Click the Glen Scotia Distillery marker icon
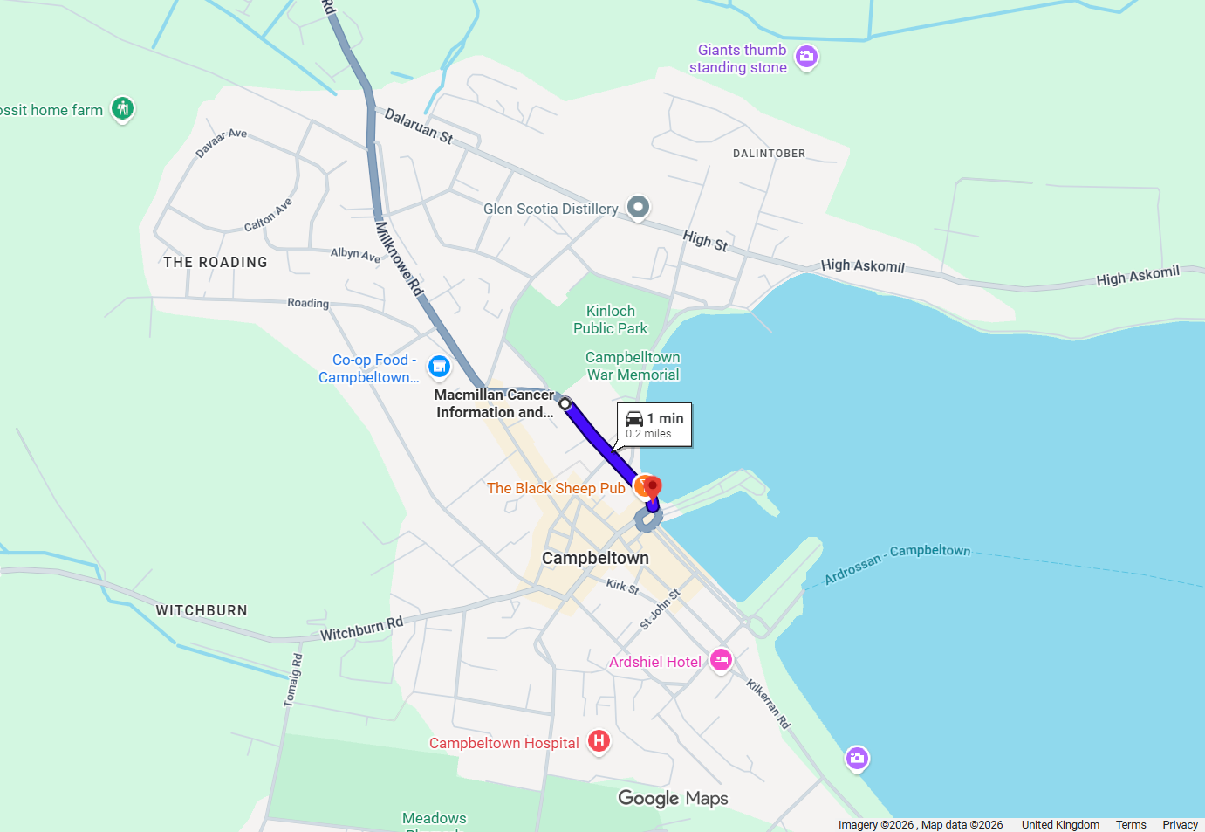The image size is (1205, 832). tap(639, 207)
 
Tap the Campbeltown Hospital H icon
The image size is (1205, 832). tap(599, 741)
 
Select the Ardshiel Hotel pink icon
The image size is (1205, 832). tap(721, 660)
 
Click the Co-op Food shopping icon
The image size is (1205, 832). tap(440, 367)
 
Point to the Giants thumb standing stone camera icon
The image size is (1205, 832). tap(807, 57)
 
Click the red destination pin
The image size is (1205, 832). tap(653, 486)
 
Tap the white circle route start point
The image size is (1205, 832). tap(565, 403)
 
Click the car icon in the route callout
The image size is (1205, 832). tap(634, 419)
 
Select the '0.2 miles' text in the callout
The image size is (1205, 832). tap(648, 434)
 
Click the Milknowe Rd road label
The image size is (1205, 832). tap(399, 258)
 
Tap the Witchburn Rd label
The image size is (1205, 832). tap(361, 629)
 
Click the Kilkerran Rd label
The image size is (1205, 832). tap(768, 704)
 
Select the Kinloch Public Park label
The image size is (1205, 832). tap(611, 320)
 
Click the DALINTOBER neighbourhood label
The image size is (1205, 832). tap(769, 154)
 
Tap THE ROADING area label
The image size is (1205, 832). tap(216, 262)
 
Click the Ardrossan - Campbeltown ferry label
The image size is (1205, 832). tap(897, 563)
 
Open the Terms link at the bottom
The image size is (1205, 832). tap(1131, 825)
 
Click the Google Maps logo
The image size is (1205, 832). tap(673, 798)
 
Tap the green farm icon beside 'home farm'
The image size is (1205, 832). tap(123, 109)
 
